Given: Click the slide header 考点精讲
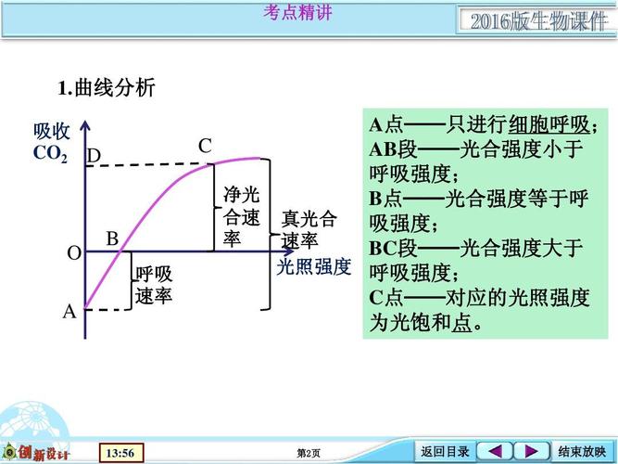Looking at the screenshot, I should pos(297,12).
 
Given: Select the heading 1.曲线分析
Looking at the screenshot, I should pos(107,89).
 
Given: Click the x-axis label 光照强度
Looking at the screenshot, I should pos(314,267).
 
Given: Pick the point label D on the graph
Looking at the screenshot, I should pos(94,157).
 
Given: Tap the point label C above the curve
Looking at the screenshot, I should pos(205,146).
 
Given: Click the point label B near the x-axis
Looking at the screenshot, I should pos(112,238).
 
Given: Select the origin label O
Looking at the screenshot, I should pos(73,253).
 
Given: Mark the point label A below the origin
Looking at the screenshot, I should pos(69,312).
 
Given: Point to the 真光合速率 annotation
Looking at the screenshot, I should pos(309,230).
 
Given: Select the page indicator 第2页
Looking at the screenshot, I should pos(309,453).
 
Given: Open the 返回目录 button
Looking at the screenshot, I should pos(445,452).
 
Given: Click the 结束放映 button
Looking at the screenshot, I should pos(581,452).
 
